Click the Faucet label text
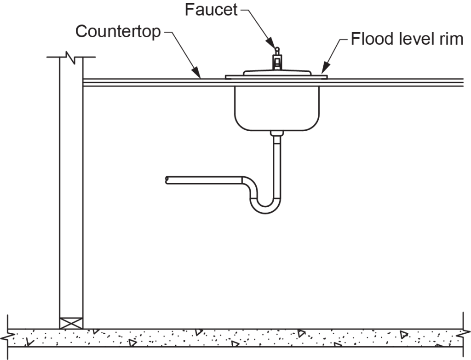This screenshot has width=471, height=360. pos(211,10)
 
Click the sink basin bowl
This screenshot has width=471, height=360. pos(276,108)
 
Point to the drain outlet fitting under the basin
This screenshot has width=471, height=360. pos(276,134)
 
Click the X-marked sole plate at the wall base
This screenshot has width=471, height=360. pos(71,323)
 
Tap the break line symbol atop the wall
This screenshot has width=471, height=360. pos(71,57)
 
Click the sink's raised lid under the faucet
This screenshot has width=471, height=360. pos(276,72)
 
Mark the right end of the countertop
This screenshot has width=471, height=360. pos(460,82)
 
